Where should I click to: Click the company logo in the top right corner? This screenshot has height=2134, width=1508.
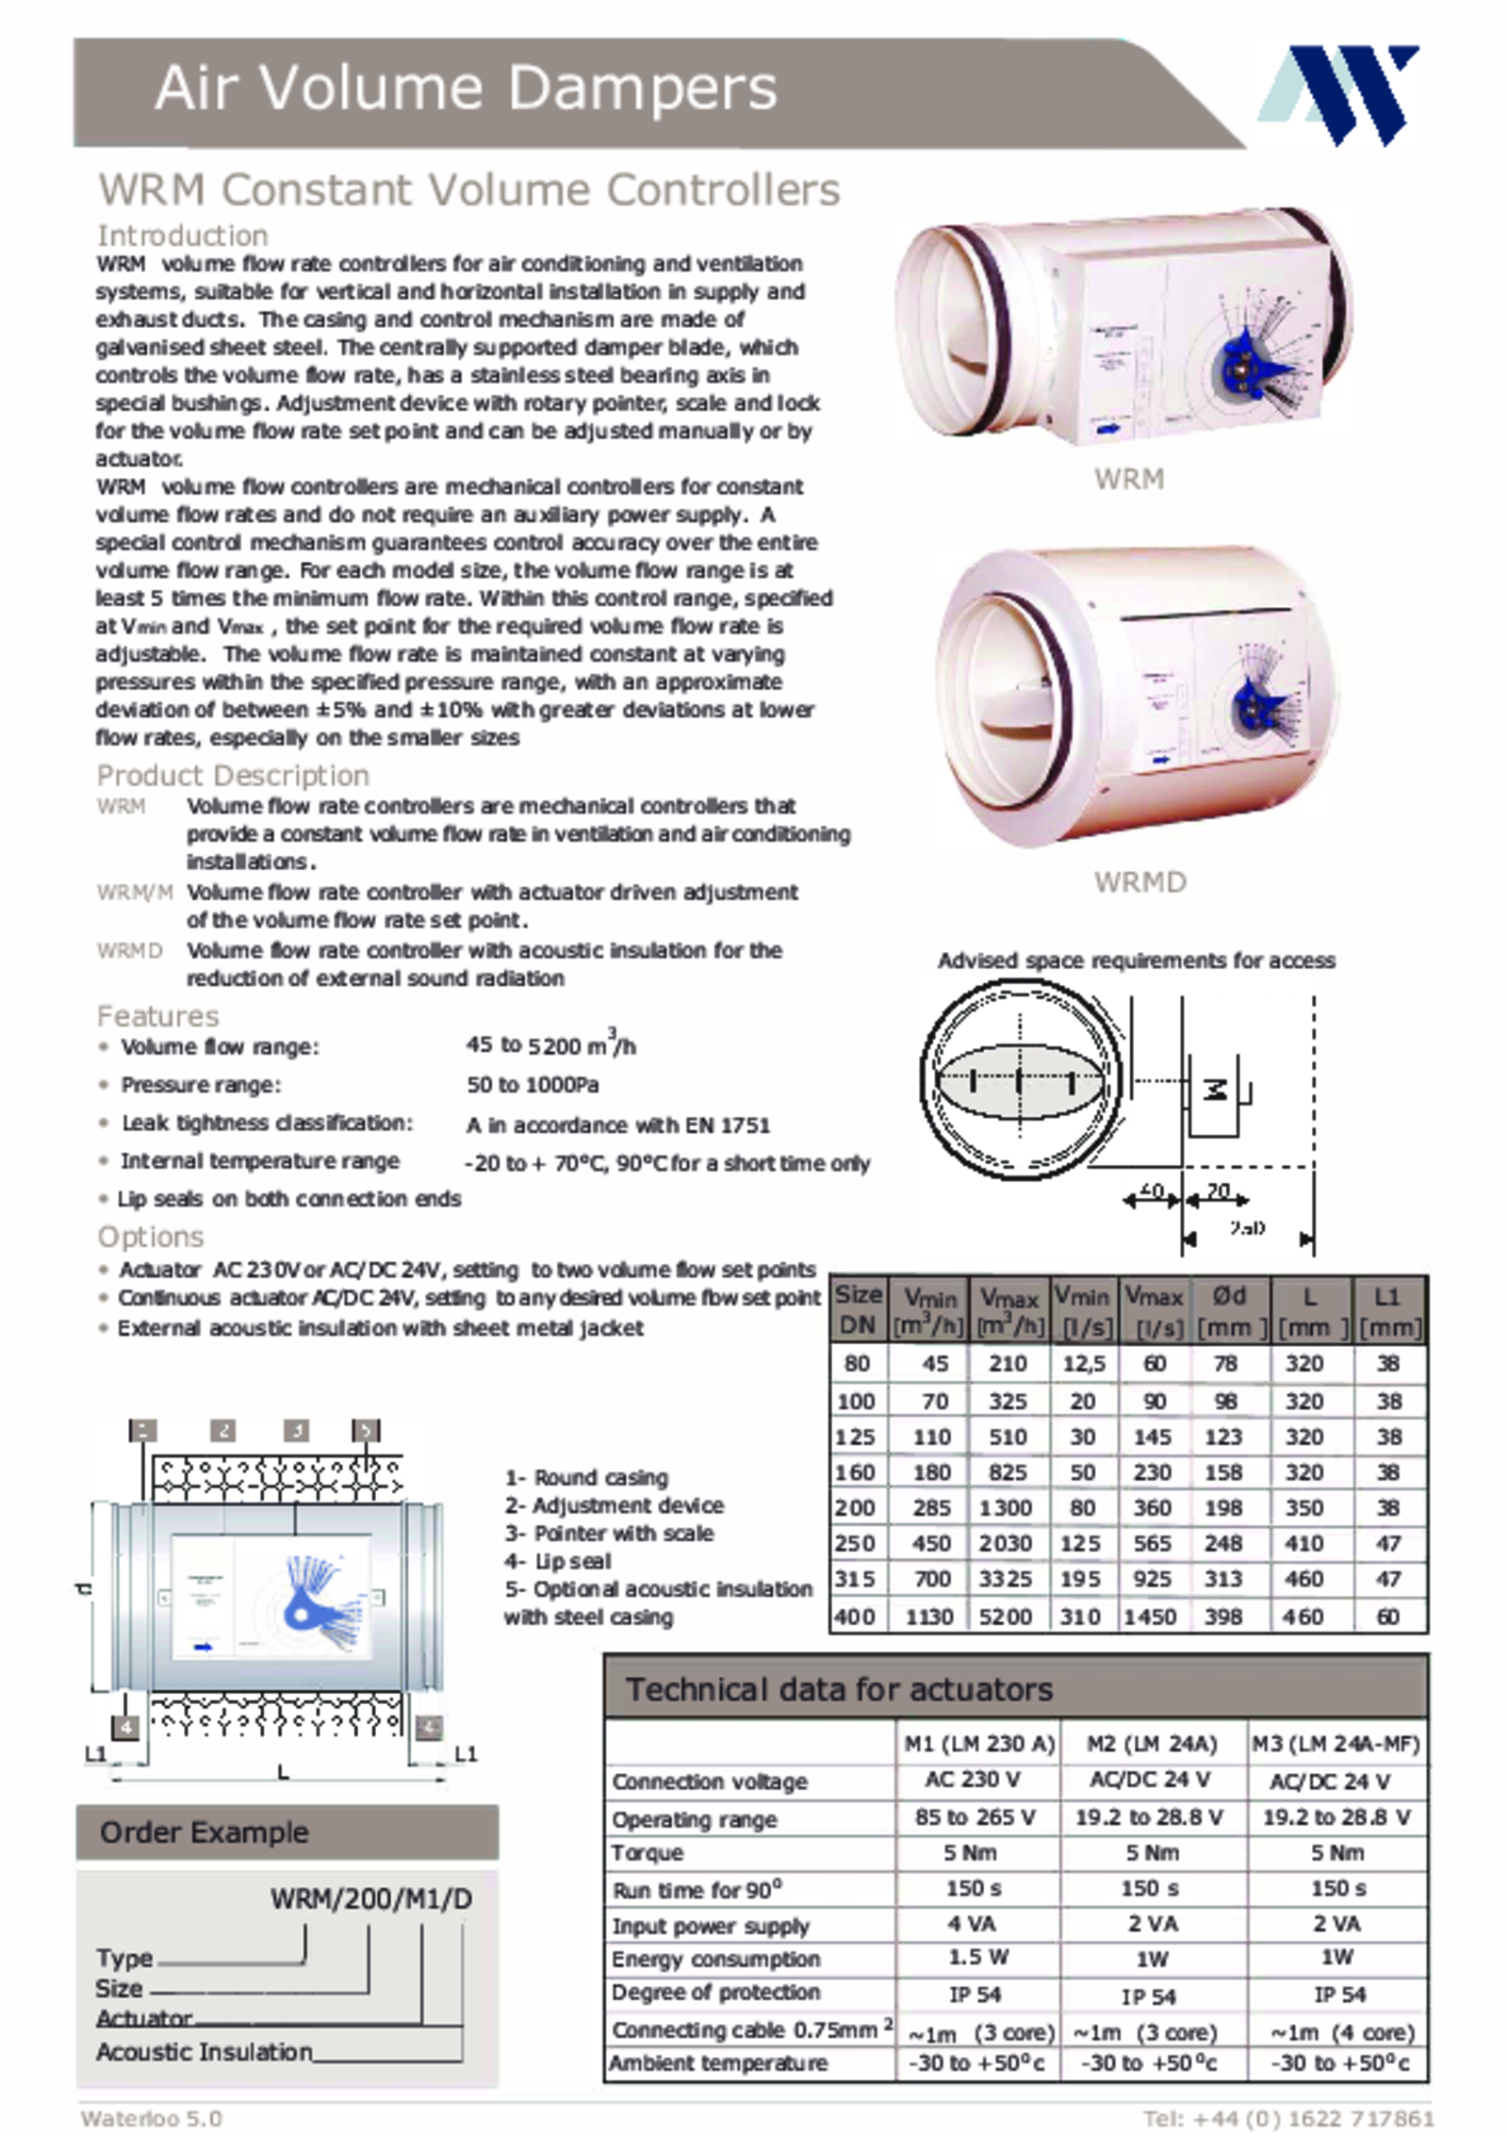pyautogui.click(x=1339, y=94)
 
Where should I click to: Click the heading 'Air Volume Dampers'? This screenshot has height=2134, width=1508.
pyautogui.click(x=466, y=90)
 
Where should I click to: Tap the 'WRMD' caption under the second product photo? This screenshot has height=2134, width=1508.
pyautogui.click(x=1139, y=882)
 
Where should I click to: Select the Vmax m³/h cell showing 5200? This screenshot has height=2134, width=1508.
pyautogui.click(x=1006, y=1617)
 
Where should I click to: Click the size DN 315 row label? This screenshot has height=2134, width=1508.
pyautogui.click(x=856, y=1579)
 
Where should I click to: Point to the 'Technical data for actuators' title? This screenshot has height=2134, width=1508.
pyautogui.click(x=839, y=1689)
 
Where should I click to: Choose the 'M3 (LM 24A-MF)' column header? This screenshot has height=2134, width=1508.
pyautogui.click(x=1336, y=1744)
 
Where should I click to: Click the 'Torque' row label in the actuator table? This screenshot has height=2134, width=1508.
pyautogui.click(x=647, y=1852)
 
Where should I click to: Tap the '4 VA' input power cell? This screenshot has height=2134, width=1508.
pyautogui.click(x=972, y=1923)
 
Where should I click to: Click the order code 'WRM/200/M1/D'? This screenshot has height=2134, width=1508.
pyautogui.click(x=370, y=1897)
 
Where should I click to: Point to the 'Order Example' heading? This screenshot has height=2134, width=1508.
pyautogui.click(x=205, y=1831)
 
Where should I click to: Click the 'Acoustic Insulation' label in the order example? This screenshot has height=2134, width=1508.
pyautogui.click(x=204, y=2051)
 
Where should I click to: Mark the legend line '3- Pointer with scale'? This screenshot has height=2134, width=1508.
pyautogui.click(x=609, y=1533)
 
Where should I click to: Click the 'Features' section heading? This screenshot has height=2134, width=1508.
pyautogui.click(x=157, y=1016)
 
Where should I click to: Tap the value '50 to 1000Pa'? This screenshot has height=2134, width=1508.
pyautogui.click(x=533, y=1085)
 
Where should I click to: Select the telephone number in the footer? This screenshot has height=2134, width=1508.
pyautogui.click(x=1287, y=2119)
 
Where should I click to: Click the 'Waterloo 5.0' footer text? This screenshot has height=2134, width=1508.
pyautogui.click(x=152, y=2119)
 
